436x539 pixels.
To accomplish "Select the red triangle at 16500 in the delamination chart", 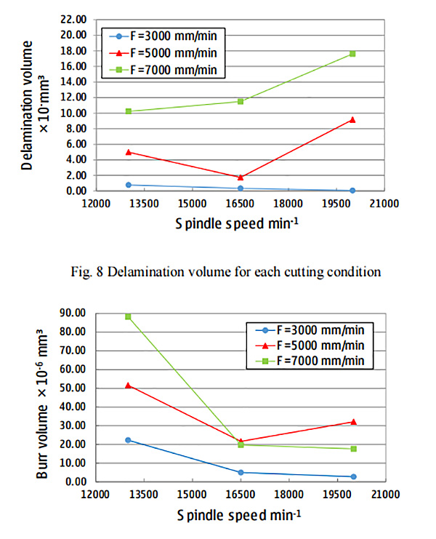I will [241, 177].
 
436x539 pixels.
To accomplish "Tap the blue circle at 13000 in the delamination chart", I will [129, 185].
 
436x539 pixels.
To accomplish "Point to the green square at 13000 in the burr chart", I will [129, 316].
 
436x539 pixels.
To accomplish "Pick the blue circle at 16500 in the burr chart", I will [241, 472].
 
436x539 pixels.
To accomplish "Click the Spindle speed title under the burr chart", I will [238, 515].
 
